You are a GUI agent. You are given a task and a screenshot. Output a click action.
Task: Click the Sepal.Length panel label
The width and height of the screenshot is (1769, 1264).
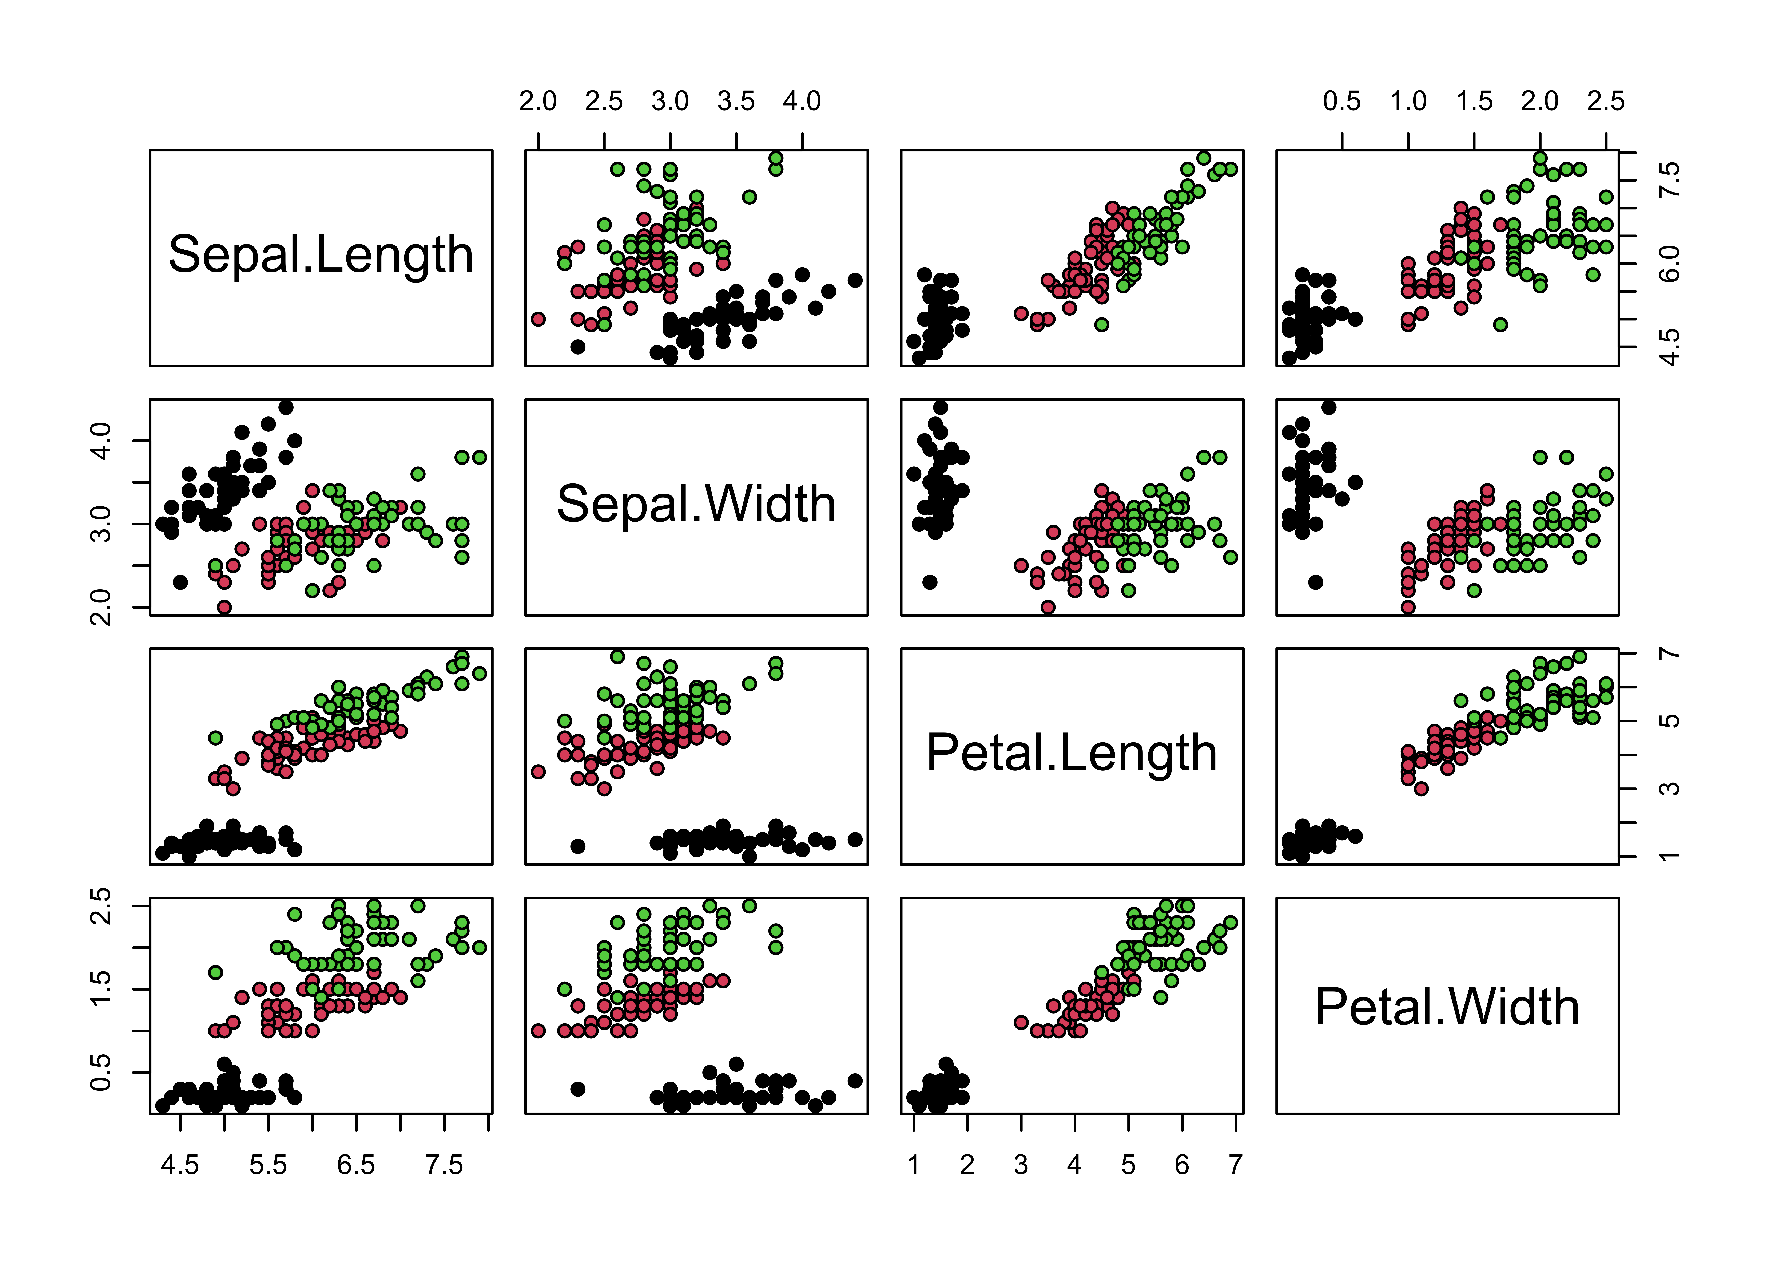321,255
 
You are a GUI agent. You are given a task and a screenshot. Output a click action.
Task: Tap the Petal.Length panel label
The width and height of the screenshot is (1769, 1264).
1071,753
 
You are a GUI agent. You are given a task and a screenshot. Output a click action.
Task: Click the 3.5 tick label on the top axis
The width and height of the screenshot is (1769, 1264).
736,101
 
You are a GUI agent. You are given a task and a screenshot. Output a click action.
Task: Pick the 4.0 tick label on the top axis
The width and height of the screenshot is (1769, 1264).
802,101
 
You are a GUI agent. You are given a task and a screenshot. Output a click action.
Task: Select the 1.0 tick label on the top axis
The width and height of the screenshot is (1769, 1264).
1408,101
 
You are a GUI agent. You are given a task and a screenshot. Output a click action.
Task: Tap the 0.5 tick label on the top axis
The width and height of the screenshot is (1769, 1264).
1342,101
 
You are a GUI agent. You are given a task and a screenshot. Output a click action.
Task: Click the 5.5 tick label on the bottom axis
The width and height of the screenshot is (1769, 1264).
268,1165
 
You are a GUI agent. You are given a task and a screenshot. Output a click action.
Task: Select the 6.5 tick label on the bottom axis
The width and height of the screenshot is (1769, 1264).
356,1165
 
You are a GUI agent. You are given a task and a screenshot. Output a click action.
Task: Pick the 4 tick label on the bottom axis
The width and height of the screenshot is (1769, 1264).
1074,1165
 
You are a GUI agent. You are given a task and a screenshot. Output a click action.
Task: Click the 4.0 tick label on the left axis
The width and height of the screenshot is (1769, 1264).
101,441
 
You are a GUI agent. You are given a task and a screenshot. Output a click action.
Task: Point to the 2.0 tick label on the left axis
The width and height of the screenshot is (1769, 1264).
101,607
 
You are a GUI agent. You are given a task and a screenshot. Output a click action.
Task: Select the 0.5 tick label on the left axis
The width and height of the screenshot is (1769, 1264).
101,1073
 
